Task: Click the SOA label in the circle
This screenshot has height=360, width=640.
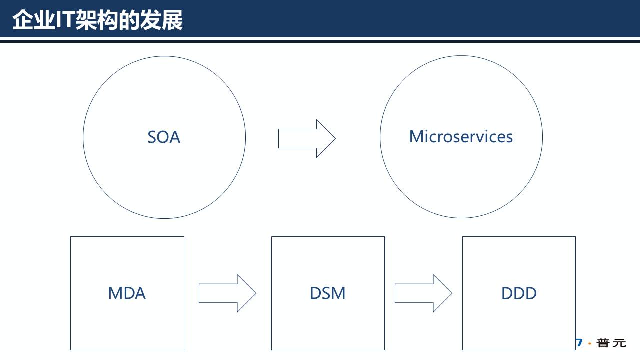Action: pyautogui.click(x=164, y=137)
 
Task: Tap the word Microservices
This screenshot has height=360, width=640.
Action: pyautogui.click(x=461, y=136)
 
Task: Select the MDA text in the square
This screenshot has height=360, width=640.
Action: pyautogui.click(x=127, y=293)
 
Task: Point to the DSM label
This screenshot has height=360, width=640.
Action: pyautogui.click(x=327, y=293)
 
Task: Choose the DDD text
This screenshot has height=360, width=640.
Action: pyautogui.click(x=519, y=293)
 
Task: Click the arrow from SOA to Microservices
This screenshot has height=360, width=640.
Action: pyautogui.click(x=306, y=138)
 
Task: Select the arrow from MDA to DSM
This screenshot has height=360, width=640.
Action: pyautogui.click(x=227, y=293)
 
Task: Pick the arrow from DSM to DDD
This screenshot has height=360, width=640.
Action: pyautogui.click(x=423, y=293)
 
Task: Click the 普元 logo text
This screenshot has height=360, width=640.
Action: pyautogui.click(x=611, y=343)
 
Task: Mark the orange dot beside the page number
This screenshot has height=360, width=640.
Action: pyautogui.click(x=590, y=344)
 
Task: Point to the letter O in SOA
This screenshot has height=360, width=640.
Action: pyautogui.click(x=164, y=137)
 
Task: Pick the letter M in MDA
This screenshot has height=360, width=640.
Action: pyautogui.click(x=115, y=293)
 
